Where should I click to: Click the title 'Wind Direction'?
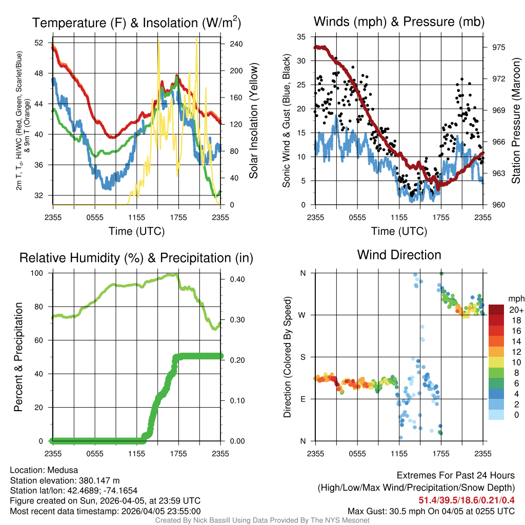click(399, 255)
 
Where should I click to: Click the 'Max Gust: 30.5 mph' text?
click(386, 511)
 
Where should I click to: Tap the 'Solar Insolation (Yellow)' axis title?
click(253, 120)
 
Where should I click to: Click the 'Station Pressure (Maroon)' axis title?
click(516, 120)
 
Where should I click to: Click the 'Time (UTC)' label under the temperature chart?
click(136, 231)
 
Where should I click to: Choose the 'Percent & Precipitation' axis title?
click(18, 357)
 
